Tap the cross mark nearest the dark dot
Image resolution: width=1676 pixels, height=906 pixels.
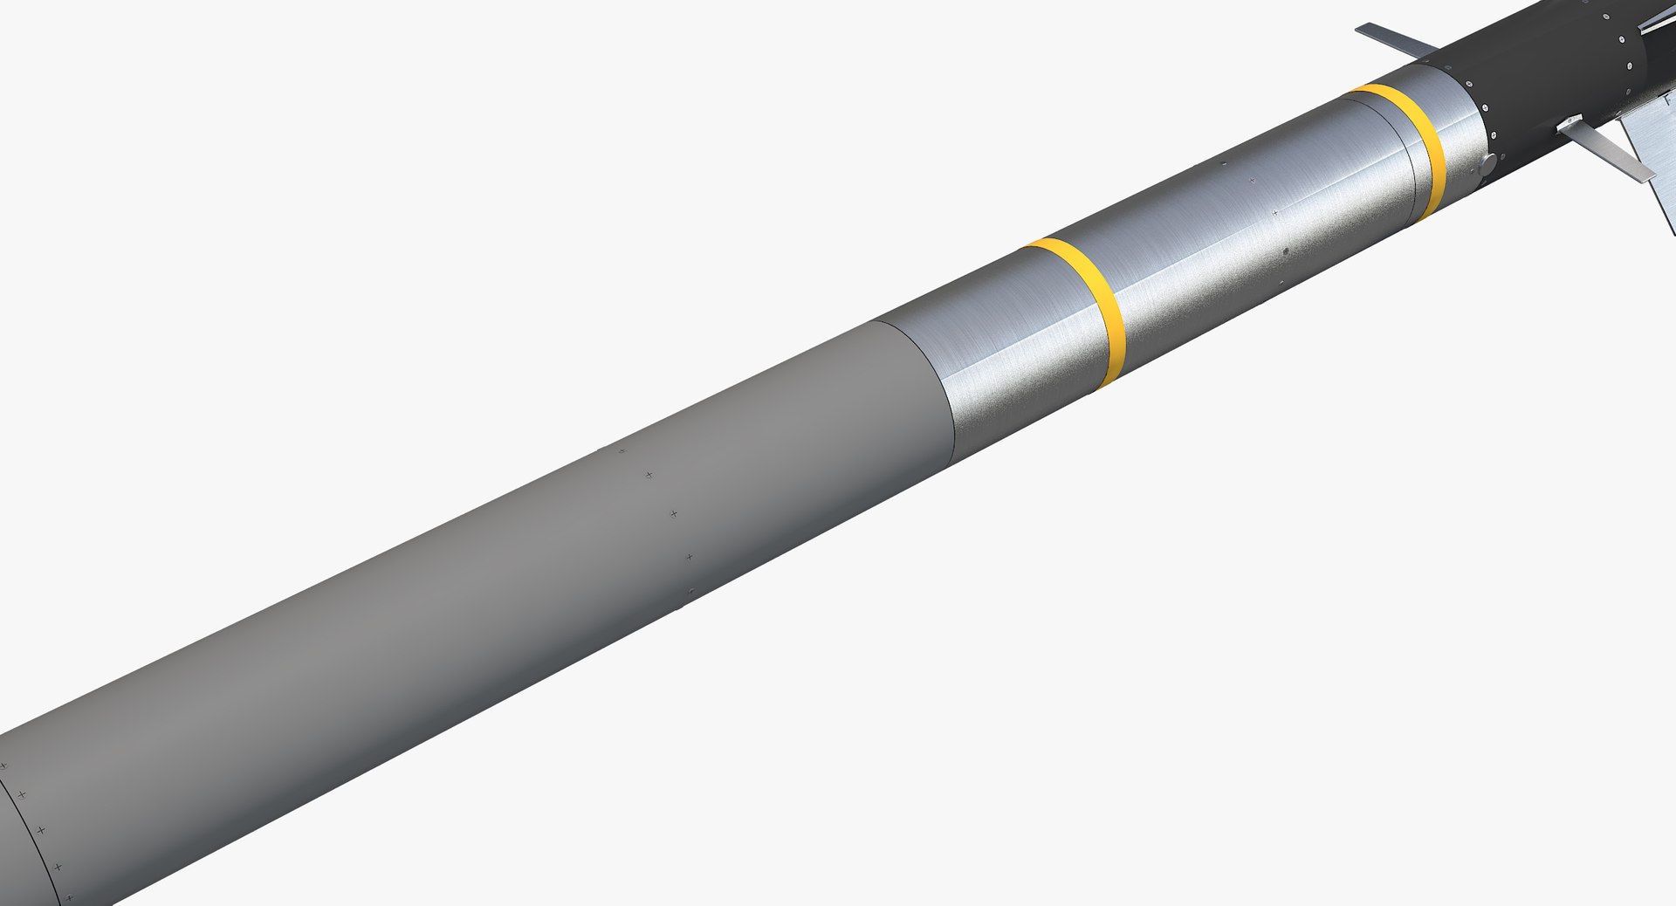1274,212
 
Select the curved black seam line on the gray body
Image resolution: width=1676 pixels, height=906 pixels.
35,829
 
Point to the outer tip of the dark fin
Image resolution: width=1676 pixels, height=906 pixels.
1358,29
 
